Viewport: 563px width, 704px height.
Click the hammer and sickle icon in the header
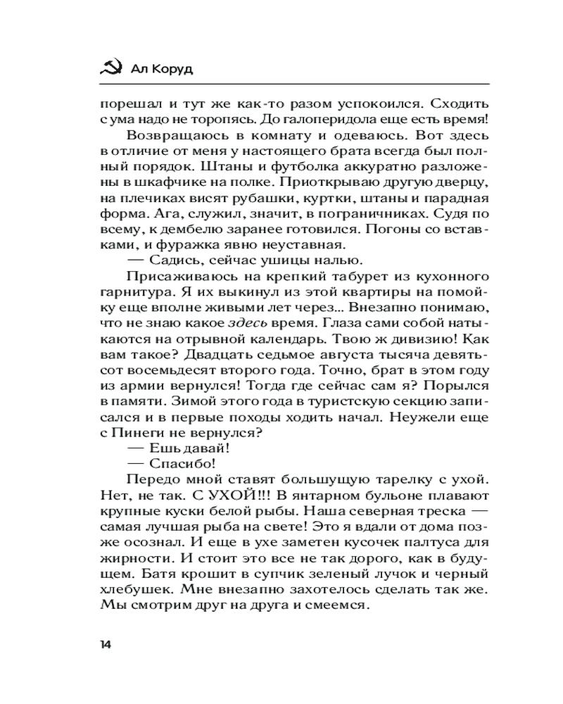pyautogui.click(x=108, y=68)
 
